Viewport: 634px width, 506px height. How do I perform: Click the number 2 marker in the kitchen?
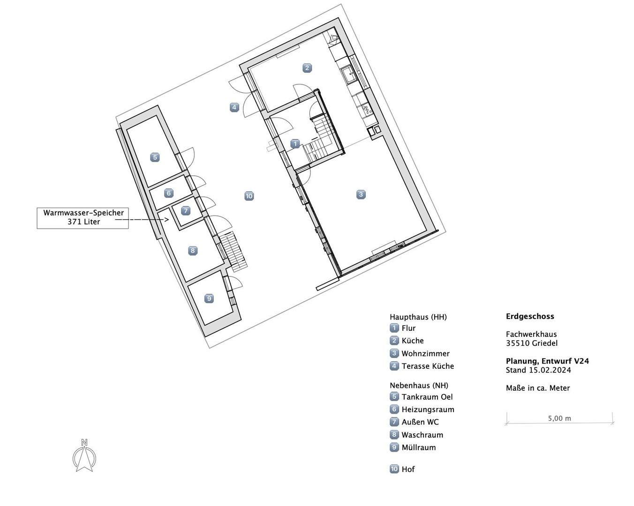tap(307, 68)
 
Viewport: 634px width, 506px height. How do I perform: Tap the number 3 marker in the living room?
tap(361, 194)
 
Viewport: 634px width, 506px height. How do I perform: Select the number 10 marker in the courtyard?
tap(249, 196)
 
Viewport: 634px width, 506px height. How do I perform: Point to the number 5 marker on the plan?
tap(155, 157)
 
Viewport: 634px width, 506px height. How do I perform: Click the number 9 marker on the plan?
tap(209, 298)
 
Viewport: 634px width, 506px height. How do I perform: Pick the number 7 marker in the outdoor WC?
tap(185, 210)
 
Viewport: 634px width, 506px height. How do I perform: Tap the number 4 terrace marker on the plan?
tap(234, 107)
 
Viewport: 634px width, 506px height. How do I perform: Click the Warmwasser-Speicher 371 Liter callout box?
tap(83, 218)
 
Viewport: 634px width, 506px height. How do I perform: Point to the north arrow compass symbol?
tap(84, 455)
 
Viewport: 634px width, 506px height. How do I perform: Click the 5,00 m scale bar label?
tap(559, 418)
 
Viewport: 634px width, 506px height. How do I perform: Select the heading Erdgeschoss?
tap(530, 316)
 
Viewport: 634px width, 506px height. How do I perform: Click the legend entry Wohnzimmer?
tap(425, 354)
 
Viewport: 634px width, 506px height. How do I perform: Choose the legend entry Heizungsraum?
tap(428, 409)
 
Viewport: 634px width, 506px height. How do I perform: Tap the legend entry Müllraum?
tap(419, 448)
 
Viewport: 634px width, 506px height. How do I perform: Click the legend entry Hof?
tap(408, 469)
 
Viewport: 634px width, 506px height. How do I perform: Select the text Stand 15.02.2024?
tap(538, 370)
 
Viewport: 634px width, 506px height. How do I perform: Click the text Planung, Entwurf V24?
tap(547, 361)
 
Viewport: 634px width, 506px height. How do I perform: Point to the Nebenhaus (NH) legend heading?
tap(419, 385)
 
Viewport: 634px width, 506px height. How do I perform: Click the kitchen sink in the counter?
tap(349, 75)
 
